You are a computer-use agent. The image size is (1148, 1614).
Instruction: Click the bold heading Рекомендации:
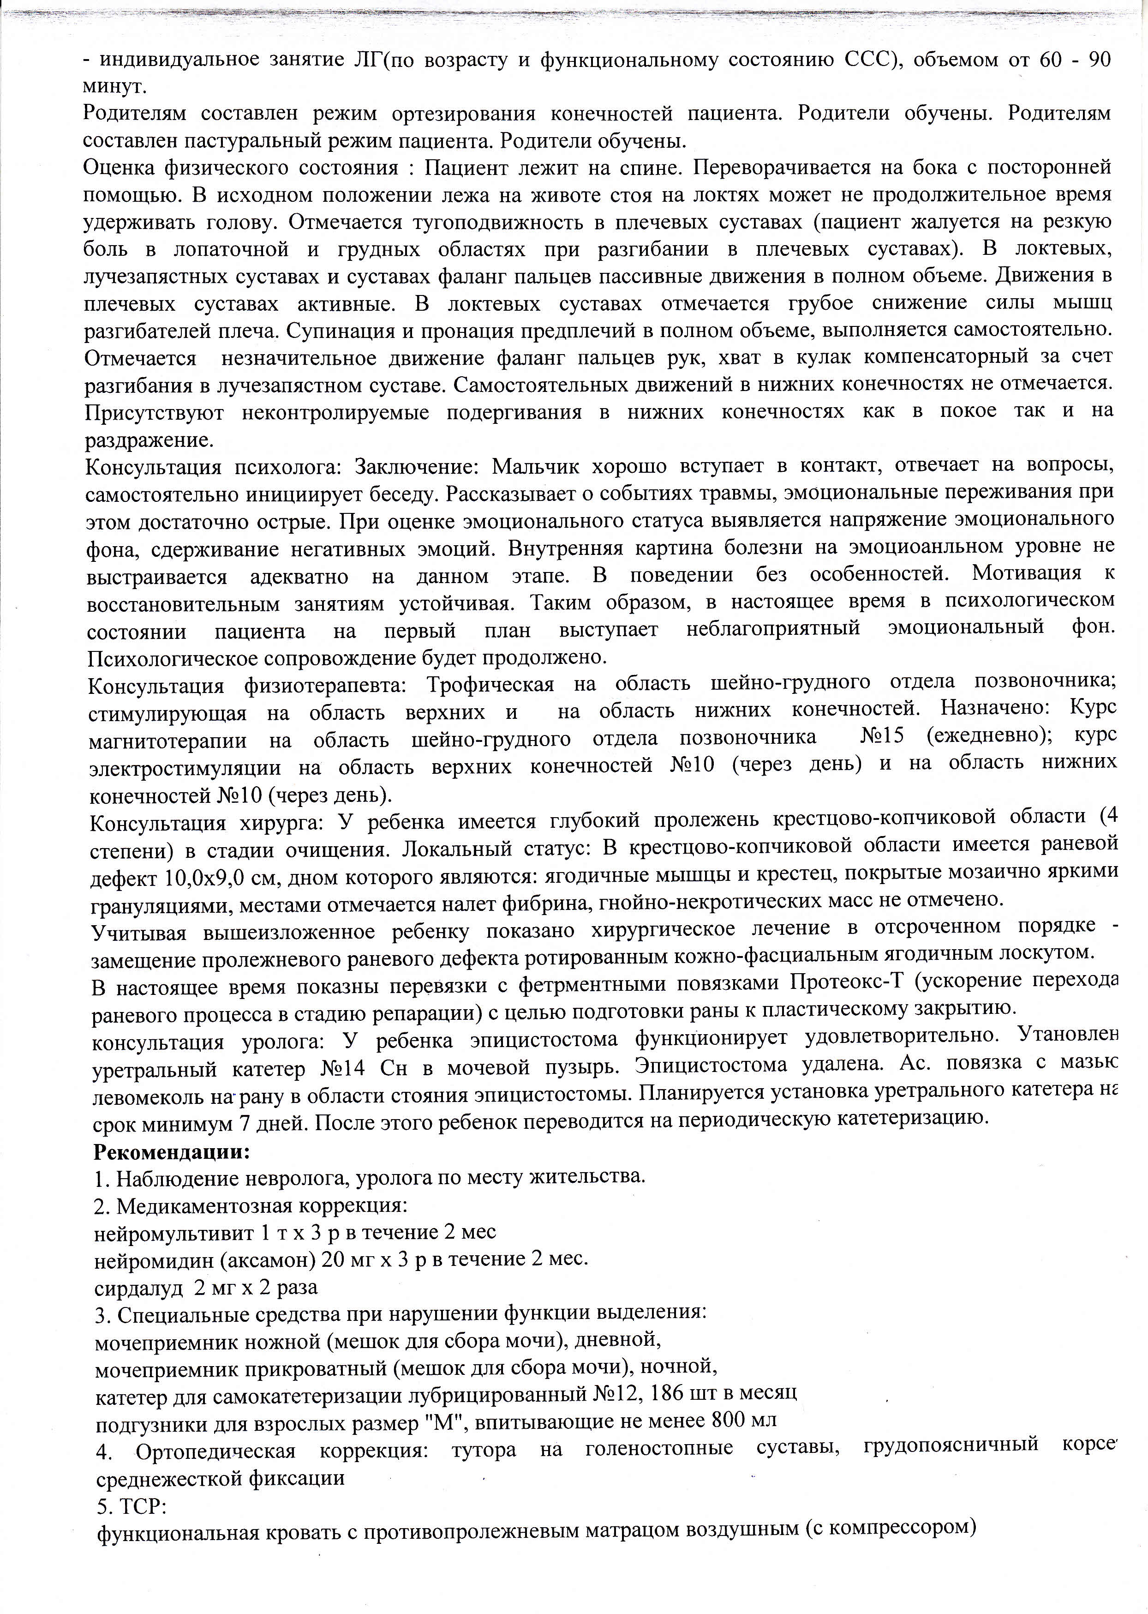(172, 1151)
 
